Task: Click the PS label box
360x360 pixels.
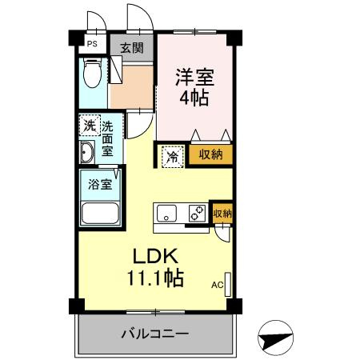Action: point(93,45)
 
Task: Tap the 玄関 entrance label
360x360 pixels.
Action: point(132,47)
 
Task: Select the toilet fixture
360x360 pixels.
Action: point(92,74)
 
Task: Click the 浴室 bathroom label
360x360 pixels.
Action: point(99,182)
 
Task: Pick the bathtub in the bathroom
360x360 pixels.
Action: point(101,214)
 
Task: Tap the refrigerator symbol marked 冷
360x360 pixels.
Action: point(173,157)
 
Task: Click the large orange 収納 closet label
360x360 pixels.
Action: point(211,154)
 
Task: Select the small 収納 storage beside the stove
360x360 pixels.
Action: point(222,213)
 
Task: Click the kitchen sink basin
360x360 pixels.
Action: point(166,214)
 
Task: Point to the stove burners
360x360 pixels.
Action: point(195,214)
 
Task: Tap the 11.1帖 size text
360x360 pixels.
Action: point(154,278)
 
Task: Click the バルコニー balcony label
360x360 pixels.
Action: point(154,333)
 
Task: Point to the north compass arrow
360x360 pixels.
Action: point(277,336)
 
